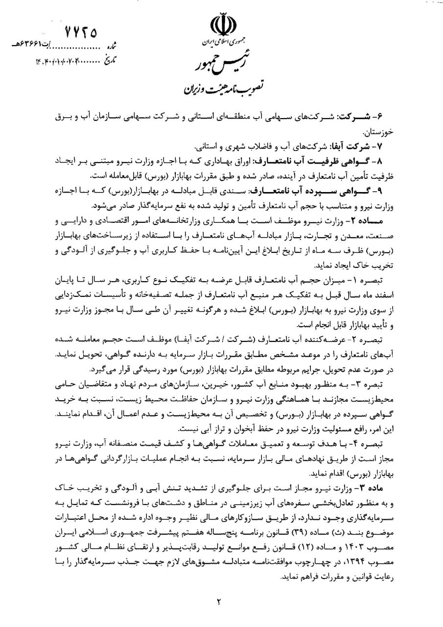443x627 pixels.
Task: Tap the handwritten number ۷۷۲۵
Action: (x=80, y=32)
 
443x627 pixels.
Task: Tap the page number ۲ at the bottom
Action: (x=220, y=602)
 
